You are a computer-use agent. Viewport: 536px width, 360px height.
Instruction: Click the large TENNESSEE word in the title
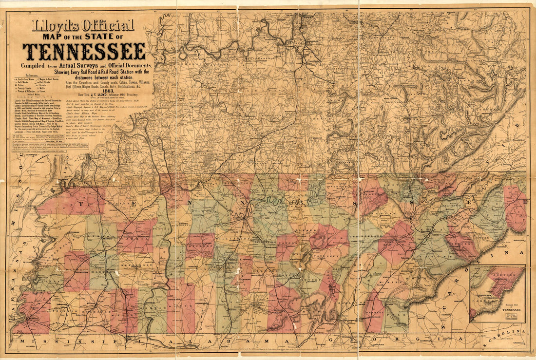[x=84, y=51]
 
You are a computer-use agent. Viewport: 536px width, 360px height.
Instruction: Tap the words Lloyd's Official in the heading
[x=83, y=25]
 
